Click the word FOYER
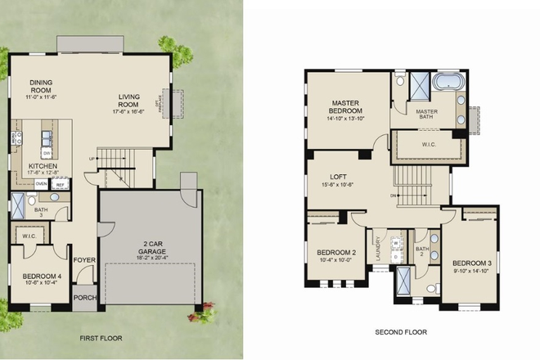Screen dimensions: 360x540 pos(83,261)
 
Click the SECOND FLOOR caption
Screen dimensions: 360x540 pos(402,333)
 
